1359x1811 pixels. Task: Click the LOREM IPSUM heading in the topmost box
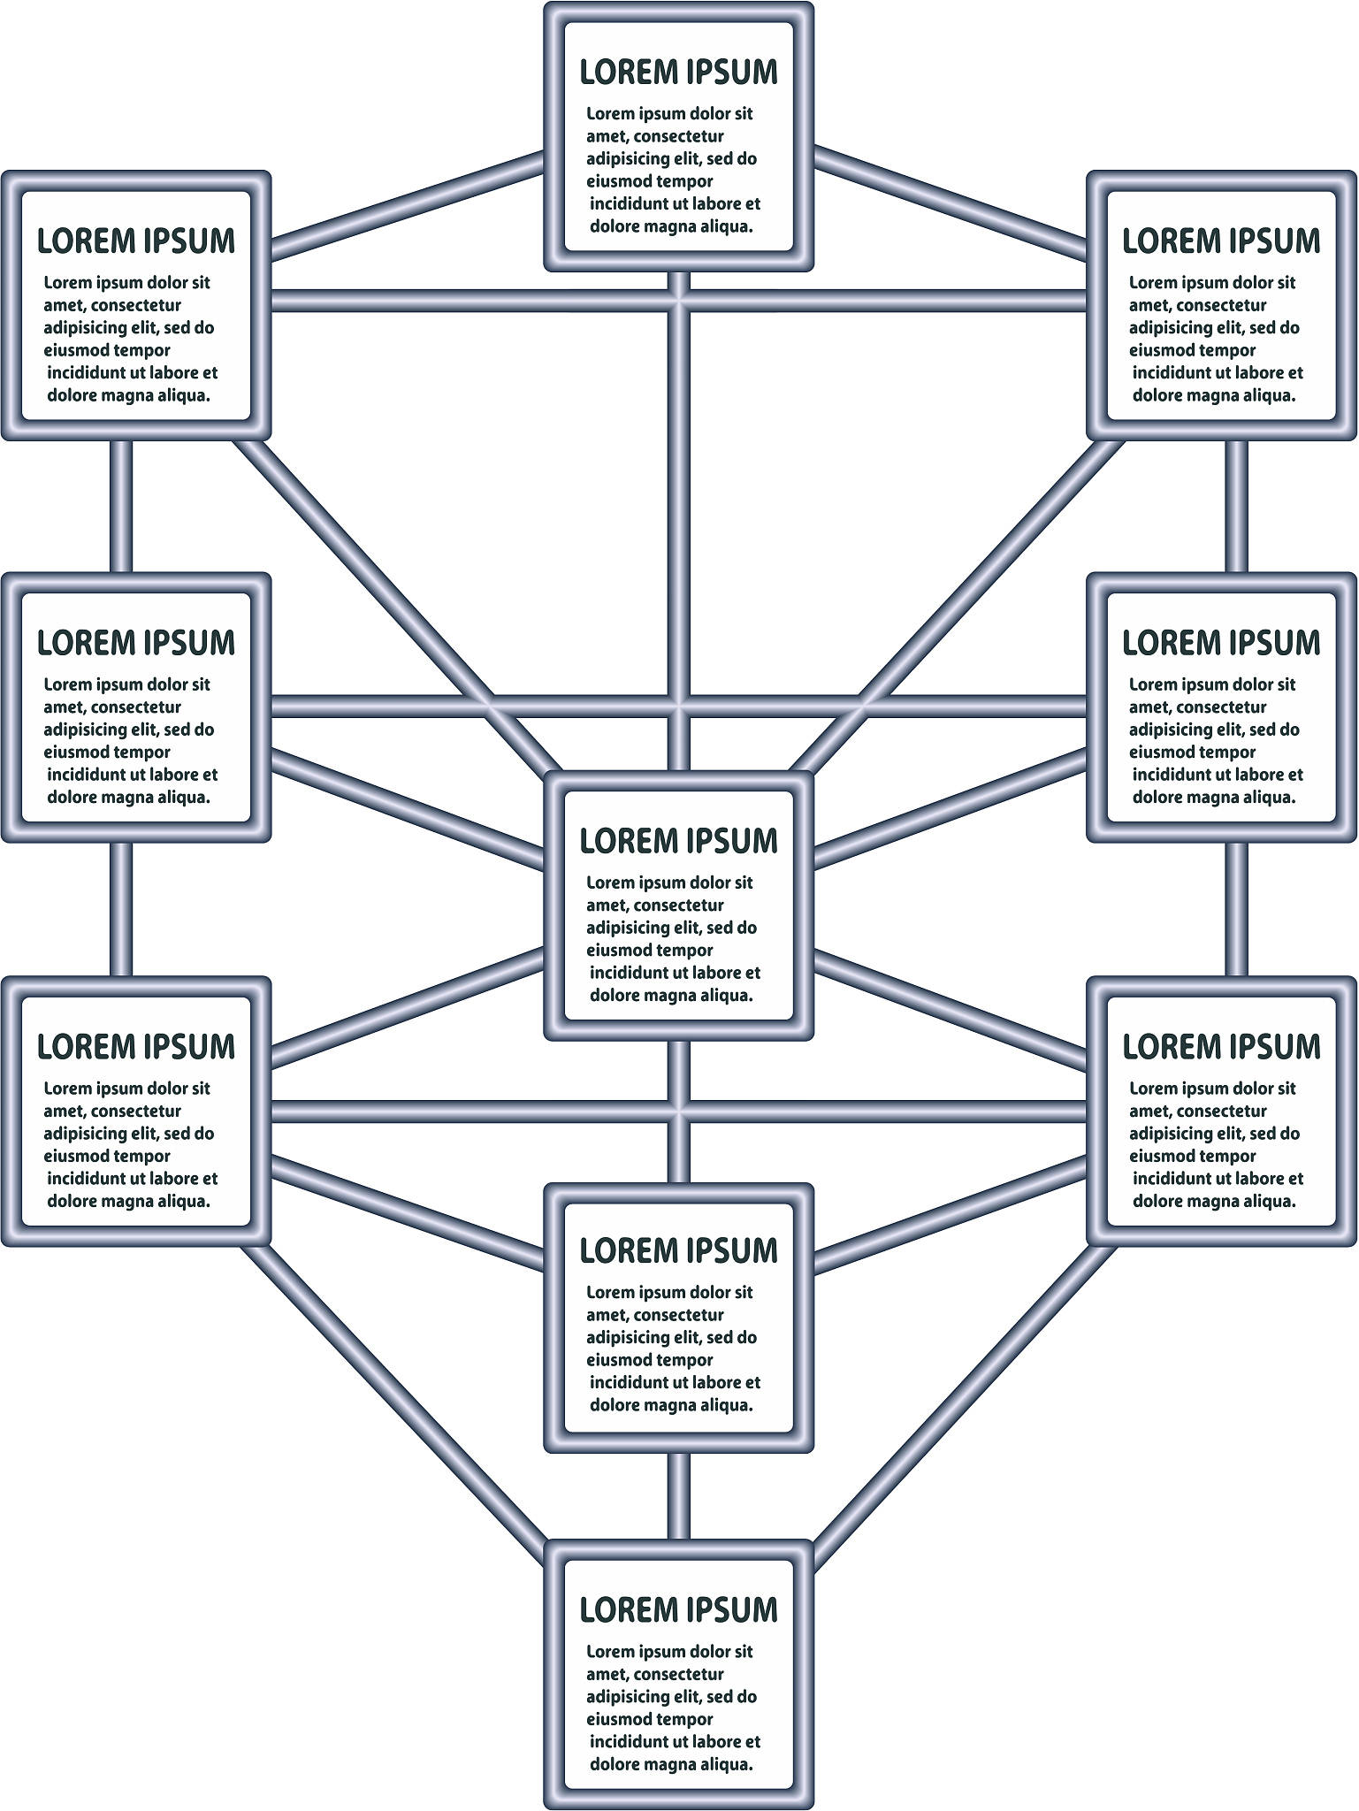tap(678, 73)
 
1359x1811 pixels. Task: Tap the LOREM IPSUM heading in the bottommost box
tap(678, 1610)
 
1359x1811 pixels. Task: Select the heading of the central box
tap(678, 841)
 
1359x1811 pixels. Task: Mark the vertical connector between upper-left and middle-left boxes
tap(122, 506)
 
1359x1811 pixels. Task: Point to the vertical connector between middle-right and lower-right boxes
tap(1236, 909)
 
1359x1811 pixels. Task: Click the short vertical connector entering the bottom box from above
tap(678, 1495)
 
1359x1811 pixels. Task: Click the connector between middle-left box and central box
tap(407, 806)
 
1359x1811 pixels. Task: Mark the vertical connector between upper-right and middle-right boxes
tap(1236, 506)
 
